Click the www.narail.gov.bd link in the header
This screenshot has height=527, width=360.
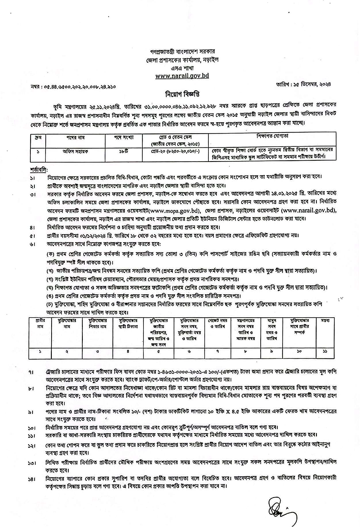(182, 76)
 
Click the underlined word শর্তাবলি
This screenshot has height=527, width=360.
(39, 168)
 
